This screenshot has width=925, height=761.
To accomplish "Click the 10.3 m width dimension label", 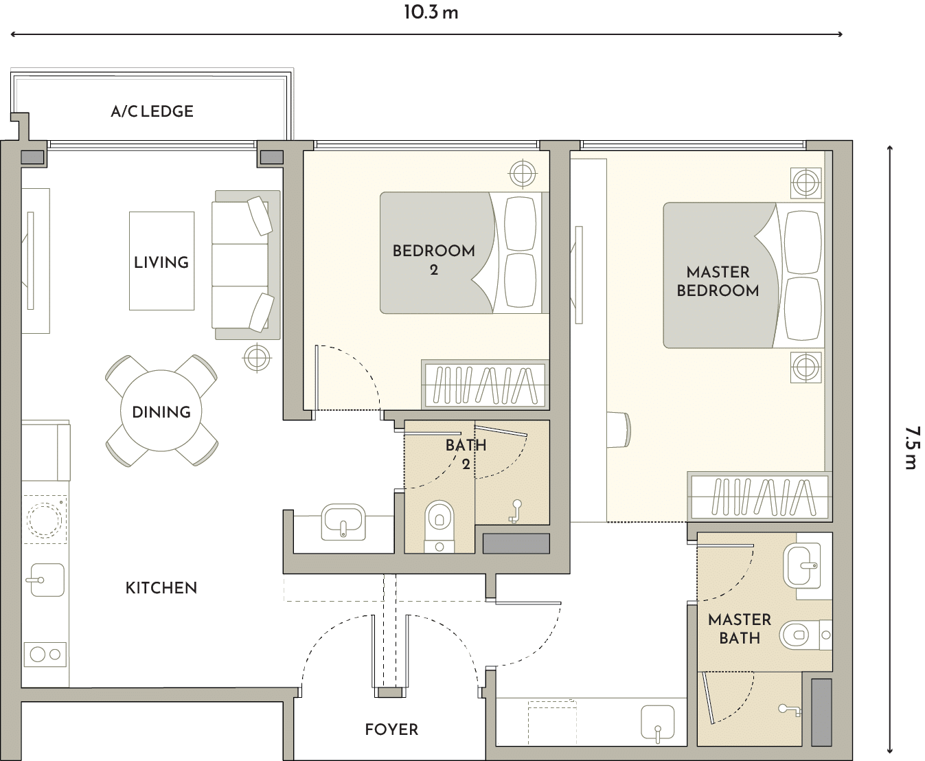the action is click(x=431, y=12).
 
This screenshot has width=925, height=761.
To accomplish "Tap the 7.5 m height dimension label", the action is click(x=911, y=447).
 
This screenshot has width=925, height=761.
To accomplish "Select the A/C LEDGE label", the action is click(x=152, y=111).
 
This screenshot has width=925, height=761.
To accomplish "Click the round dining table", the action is click(x=161, y=411).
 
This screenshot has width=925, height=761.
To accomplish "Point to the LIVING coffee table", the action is click(x=162, y=261).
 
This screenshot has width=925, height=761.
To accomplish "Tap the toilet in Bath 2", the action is click(x=439, y=526).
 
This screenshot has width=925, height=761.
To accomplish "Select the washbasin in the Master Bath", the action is click(x=802, y=566).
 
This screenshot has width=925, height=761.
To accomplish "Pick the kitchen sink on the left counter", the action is click(x=47, y=580).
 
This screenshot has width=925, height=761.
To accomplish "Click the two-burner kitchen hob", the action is click(x=45, y=655).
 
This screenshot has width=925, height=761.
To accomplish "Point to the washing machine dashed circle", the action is click(x=45, y=520).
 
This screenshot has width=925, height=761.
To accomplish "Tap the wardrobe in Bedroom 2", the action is click(x=485, y=385).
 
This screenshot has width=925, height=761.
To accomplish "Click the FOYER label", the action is click(x=391, y=729).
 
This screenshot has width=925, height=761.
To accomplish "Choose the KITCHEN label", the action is click(x=161, y=588).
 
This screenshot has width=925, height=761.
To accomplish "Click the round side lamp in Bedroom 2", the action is click(x=523, y=174).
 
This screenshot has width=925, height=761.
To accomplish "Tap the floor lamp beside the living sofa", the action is click(x=257, y=358).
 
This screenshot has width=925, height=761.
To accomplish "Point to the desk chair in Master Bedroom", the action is click(x=619, y=429).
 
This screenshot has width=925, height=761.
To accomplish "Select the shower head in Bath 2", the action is click(x=515, y=511).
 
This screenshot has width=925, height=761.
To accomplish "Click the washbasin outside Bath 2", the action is click(x=343, y=521).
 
